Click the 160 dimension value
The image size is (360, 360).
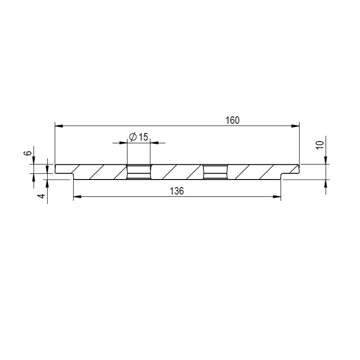coord(233,120)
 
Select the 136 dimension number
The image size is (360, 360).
coord(177,191)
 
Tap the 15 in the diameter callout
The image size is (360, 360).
coord(143,137)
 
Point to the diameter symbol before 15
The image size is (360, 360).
coord(133,137)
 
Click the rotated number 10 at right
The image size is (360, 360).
coord(320,145)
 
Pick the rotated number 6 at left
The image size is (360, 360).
coord(27,153)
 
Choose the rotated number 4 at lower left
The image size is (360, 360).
coord(41,196)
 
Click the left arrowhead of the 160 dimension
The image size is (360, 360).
coord(59,126)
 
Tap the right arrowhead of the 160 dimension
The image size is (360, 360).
coord(296,126)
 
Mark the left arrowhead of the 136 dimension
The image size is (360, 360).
coord(77,197)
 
